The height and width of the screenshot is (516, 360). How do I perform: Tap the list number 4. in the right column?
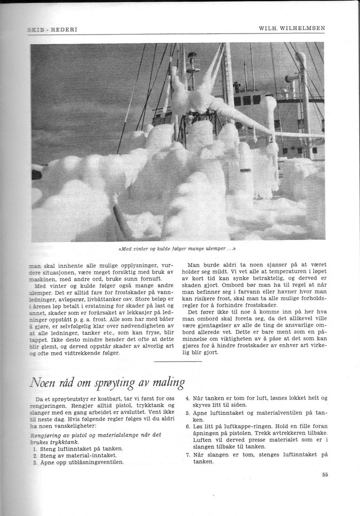(187, 398)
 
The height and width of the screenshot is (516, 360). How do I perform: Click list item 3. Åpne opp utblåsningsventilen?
(80, 462)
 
